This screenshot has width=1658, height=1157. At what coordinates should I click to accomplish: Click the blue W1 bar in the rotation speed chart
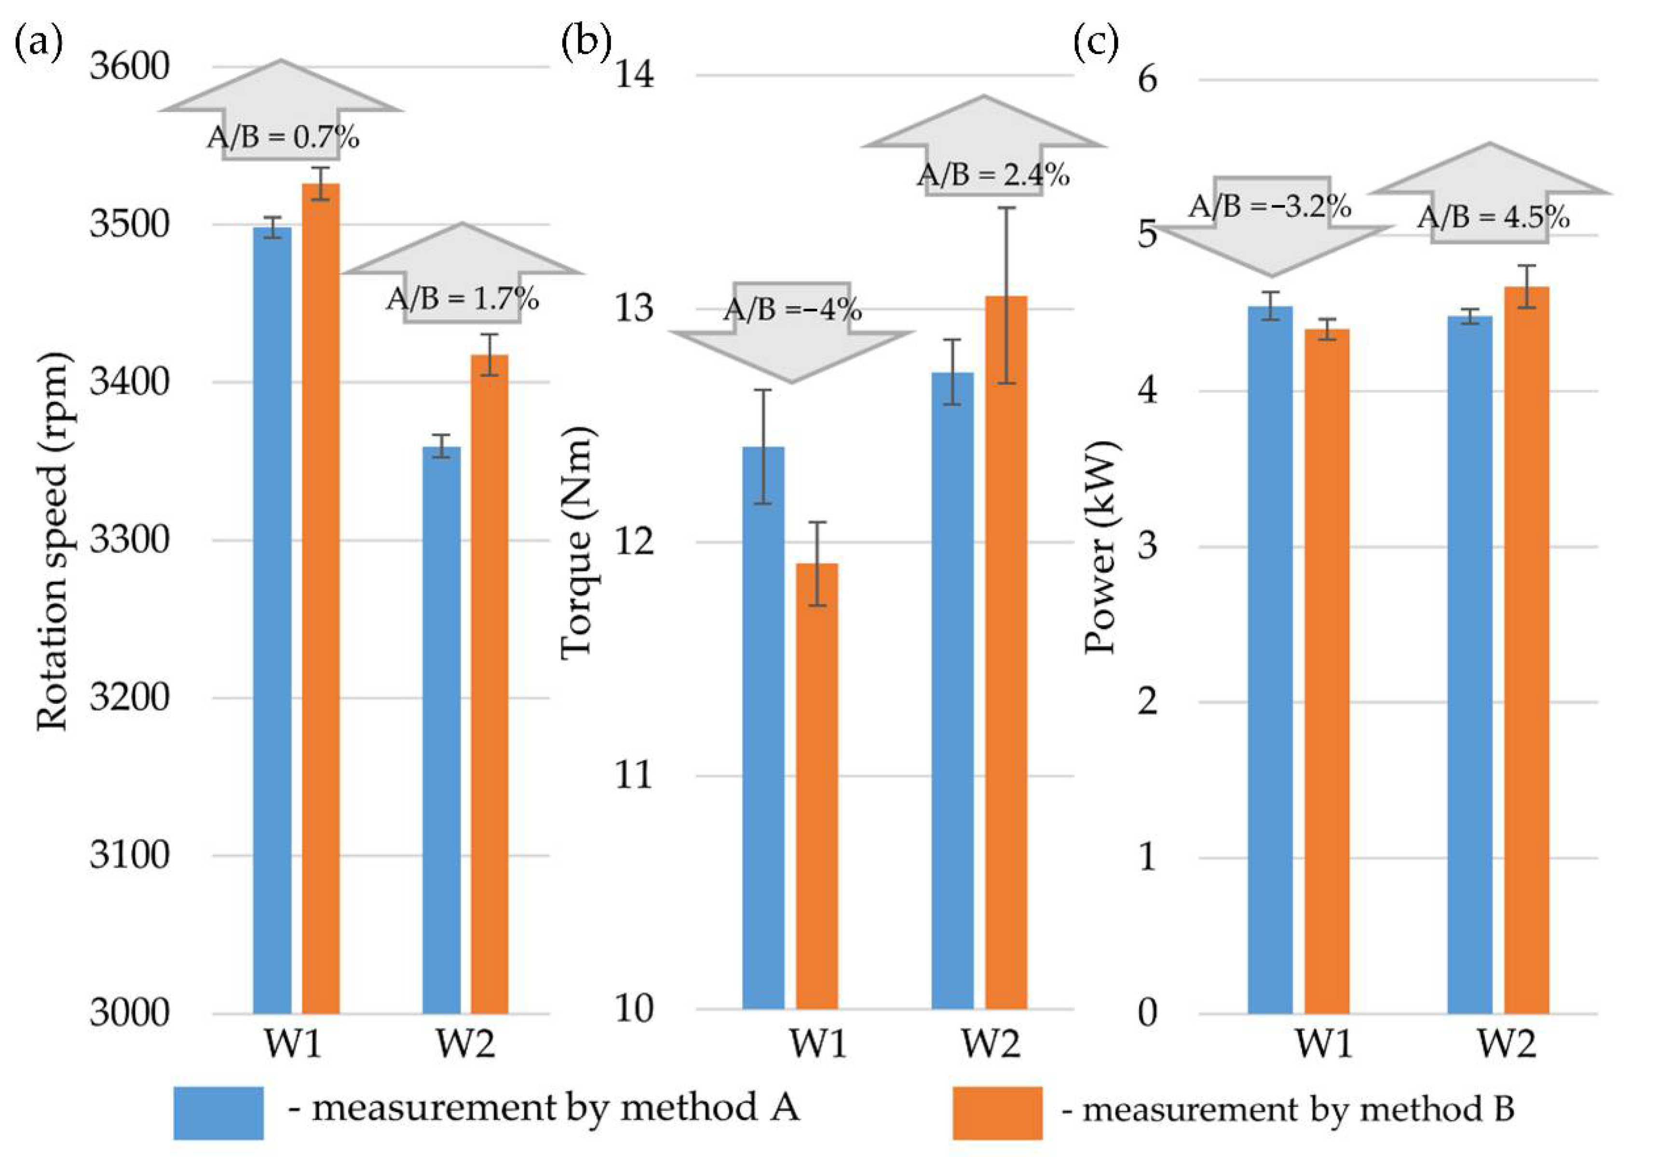tap(272, 621)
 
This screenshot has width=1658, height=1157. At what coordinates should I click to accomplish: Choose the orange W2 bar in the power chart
tap(1526, 649)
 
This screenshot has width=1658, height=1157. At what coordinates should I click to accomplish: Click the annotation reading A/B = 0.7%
tap(283, 137)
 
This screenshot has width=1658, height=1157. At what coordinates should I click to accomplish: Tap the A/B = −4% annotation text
tap(792, 309)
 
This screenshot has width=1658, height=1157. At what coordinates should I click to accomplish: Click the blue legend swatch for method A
tap(218, 1112)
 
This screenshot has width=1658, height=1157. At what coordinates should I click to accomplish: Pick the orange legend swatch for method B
tap(996, 1112)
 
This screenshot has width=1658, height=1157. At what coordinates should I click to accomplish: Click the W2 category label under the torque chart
tap(991, 1044)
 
